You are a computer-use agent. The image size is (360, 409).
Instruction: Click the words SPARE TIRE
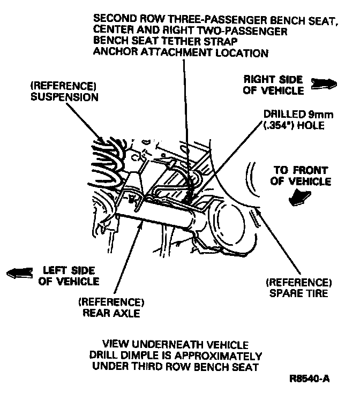click(x=299, y=293)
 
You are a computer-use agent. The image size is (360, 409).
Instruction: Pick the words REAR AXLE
click(x=111, y=313)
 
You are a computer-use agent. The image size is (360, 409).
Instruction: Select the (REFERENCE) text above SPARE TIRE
click(x=299, y=282)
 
